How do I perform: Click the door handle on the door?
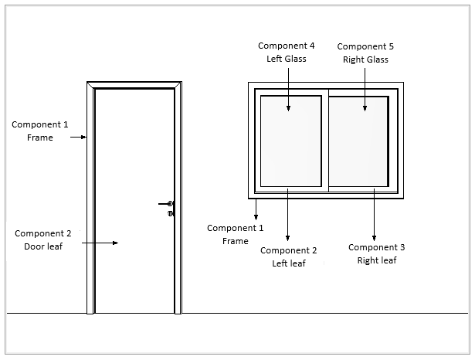click(x=168, y=204)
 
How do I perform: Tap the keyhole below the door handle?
click(x=170, y=213)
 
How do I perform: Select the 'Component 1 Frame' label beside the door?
click(x=39, y=131)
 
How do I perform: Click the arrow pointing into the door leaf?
click(x=100, y=243)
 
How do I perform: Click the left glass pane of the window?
click(x=290, y=139)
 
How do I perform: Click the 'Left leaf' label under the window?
click(x=288, y=256)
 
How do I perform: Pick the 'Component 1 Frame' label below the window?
click(x=236, y=234)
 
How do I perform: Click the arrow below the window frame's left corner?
click(x=256, y=208)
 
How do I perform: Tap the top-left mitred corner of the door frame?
click(x=91, y=86)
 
